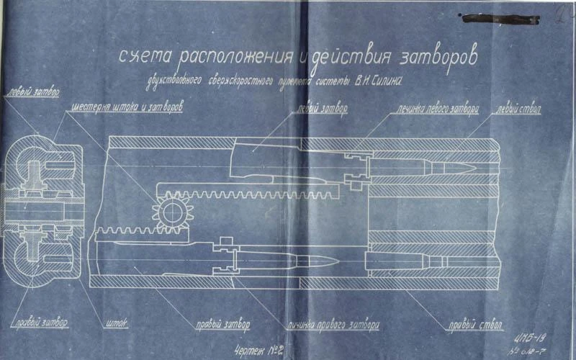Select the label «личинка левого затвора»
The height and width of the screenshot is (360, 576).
click(x=435, y=109)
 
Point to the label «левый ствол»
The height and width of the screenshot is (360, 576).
click(x=518, y=109)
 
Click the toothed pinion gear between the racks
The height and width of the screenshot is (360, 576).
click(x=168, y=212)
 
